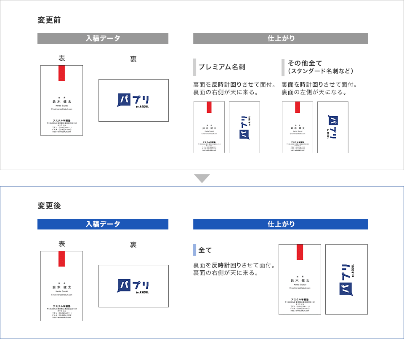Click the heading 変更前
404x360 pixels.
(x=49, y=20)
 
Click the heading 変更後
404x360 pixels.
(x=49, y=206)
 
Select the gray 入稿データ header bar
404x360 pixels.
(x=103, y=38)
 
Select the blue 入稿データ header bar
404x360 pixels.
(x=103, y=224)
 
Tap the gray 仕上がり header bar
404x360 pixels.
(x=281, y=38)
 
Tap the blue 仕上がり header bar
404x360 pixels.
(x=281, y=224)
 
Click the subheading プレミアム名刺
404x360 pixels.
(x=221, y=67)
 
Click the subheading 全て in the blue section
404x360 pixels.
(x=205, y=250)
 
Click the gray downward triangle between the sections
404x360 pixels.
(x=202, y=179)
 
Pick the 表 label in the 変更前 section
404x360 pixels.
(x=61, y=58)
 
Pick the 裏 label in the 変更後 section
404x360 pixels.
(x=133, y=245)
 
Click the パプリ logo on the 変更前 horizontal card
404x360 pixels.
(x=133, y=101)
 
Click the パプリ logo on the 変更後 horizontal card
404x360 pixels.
(x=133, y=286)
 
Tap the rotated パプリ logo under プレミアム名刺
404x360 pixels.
(x=245, y=127)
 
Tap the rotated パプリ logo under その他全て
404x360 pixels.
(x=332, y=127)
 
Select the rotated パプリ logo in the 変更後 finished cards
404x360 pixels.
(x=346, y=280)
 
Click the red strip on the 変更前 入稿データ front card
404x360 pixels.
(x=61, y=73)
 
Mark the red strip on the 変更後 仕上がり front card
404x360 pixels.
(x=300, y=252)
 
